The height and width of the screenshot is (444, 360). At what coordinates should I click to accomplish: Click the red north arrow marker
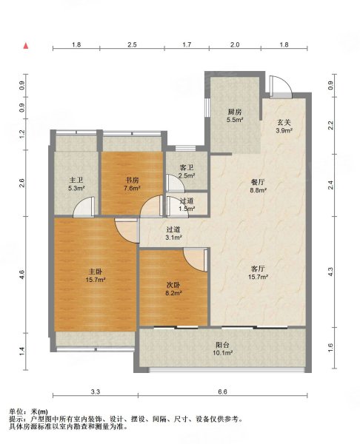point(26,46)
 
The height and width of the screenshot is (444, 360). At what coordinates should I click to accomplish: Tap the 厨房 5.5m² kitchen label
point(235,116)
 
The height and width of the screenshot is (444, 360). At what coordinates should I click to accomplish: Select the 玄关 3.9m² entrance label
point(284,127)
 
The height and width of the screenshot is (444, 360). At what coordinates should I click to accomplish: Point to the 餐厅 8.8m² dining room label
point(258,186)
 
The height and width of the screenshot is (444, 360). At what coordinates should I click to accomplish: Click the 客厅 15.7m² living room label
point(258,272)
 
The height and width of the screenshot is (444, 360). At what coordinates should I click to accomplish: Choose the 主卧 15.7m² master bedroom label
point(96,275)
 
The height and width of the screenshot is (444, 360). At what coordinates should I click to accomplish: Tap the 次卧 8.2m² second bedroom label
point(173,289)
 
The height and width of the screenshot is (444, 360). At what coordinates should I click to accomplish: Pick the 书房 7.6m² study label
point(133,184)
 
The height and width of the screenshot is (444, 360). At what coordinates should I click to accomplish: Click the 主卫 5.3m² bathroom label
point(76,184)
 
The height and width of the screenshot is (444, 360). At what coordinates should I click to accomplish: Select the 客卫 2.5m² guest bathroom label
point(187,172)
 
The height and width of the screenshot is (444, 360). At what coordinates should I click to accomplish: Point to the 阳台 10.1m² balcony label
point(222,349)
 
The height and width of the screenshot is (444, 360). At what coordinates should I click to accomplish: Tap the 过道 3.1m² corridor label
point(173,233)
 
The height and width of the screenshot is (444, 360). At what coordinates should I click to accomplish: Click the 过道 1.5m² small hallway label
point(187,204)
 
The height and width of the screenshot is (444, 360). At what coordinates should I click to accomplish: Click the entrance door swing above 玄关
point(281,87)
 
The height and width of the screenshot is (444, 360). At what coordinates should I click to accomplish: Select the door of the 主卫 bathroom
point(84,207)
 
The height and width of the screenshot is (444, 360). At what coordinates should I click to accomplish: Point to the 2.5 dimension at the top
point(132,44)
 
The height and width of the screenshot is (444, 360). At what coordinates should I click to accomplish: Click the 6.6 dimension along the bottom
point(223,392)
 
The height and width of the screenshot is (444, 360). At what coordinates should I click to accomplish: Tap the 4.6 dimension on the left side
point(22,275)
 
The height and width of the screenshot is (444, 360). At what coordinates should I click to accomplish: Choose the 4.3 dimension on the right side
point(330,272)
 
